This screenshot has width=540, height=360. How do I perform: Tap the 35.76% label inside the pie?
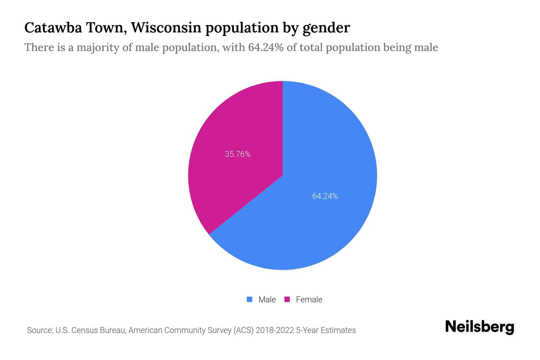[238, 154]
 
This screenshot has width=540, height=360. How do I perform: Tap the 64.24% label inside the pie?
[325, 196]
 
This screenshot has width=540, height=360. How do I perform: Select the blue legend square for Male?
[249, 299]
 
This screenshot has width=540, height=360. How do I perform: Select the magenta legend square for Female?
[287, 299]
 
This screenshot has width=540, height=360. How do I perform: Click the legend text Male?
[267, 300]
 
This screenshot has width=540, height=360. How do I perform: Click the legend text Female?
[309, 300]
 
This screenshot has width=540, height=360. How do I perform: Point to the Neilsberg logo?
[479, 327]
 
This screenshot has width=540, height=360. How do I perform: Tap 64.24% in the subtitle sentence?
[266, 47]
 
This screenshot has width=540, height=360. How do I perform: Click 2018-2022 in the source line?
[274, 330]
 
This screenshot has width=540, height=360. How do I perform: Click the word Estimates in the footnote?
[338, 330]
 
